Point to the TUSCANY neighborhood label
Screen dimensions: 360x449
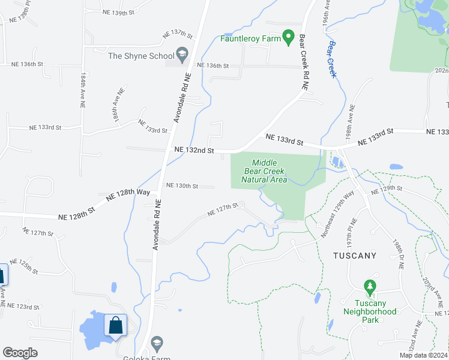pyautogui.click(x=354, y=256)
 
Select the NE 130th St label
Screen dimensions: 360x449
pyautogui.click(x=182, y=186)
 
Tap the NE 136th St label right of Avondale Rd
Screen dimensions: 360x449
pyautogui.click(x=213, y=65)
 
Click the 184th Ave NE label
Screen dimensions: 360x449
pyautogui.click(x=82, y=91)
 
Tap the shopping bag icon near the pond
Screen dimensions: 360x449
pyautogui.click(x=115, y=326)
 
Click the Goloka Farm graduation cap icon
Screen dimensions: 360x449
pyautogui.click(x=157, y=343)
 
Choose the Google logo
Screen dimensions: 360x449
pyautogui.click(x=20, y=353)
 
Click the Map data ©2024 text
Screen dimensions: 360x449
pyautogui.click(x=423, y=355)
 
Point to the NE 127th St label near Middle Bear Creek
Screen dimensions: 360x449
pyautogui.click(x=223, y=209)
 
